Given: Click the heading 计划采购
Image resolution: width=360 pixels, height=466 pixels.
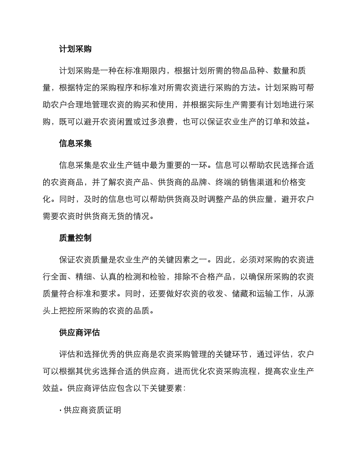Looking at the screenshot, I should point(75,49).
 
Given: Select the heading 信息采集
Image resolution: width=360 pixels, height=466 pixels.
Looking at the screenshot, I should point(75,144).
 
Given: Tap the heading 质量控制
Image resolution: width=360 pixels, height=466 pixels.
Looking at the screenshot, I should point(75,238).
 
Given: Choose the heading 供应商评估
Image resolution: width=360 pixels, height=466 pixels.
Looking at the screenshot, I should point(79,333).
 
